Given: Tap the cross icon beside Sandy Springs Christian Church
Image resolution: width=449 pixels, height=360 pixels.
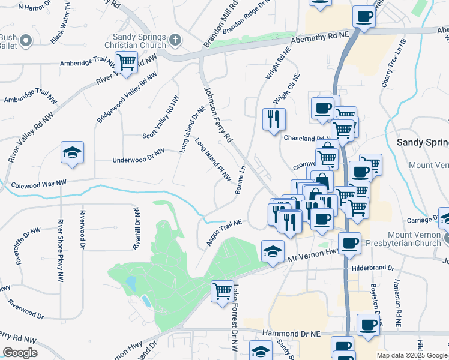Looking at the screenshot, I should click(175, 40).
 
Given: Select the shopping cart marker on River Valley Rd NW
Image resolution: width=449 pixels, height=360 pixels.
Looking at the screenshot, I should click(126, 61).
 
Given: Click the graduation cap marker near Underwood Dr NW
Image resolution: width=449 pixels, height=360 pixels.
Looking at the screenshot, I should click(72, 153).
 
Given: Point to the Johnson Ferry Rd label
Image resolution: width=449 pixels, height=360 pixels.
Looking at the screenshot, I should click(218, 115).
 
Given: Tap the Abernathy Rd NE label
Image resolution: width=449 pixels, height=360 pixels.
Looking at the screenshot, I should click(319, 37).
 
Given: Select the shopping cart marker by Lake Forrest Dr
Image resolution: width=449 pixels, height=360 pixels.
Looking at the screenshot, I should click(222, 291).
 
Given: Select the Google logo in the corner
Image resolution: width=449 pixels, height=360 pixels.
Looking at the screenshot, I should click(20, 352).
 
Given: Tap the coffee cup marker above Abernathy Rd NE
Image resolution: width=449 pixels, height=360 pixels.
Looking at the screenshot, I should click(363, 16).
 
